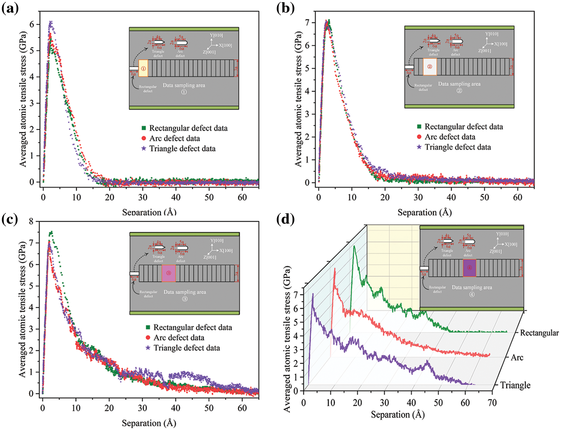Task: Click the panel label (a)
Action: (x=10, y=8)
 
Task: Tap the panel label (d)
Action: (x=285, y=219)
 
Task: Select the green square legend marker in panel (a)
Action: (x=144, y=128)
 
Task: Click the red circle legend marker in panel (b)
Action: (x=419, y=137)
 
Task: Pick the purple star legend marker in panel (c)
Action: (x=148, y=348)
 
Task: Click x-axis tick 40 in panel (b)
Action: (x=451, y=197)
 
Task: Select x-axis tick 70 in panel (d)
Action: (x=492, y=402)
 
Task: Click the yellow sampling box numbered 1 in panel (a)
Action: (x=143, y=68)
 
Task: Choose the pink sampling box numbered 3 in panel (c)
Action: (x=169, y=273)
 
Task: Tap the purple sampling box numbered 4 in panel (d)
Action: (x=469, y=268)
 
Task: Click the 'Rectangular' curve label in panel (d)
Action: (x=539, y=333)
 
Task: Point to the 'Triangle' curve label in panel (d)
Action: (x=515, y=385)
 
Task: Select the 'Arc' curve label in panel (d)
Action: (x=517, y=358)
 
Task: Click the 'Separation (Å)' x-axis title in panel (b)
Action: (x=424, y=213)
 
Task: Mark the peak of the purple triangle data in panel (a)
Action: (x=50, y=22)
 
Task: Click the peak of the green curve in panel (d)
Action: (x=354, y=246)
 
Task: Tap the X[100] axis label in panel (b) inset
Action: (x=500, y=44)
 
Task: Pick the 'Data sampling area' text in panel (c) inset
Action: (x=185, y=292)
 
